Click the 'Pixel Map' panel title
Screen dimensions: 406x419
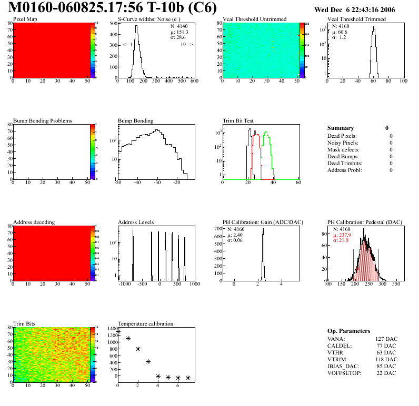coord(25,19)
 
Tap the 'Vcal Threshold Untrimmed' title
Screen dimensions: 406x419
coord(254,19)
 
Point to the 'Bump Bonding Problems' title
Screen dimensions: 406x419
coord(43,121)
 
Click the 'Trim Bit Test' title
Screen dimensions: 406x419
coord(238,121)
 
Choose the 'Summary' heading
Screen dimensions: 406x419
coord(341,128)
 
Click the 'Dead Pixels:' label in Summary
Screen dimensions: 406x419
coord(342,136)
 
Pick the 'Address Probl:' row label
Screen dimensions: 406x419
coord(344,170)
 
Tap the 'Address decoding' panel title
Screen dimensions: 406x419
coord(34,222)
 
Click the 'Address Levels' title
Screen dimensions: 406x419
coord(136,222)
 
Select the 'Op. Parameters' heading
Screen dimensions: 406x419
coord(348,331)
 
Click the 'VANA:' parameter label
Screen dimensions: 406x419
coord(335,339)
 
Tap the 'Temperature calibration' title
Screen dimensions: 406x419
coord(145,324)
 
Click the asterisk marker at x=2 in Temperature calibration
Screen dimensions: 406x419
coord(138,349)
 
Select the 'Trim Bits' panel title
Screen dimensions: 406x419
coord(24,324)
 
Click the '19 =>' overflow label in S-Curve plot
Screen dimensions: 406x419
coord(187,45)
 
